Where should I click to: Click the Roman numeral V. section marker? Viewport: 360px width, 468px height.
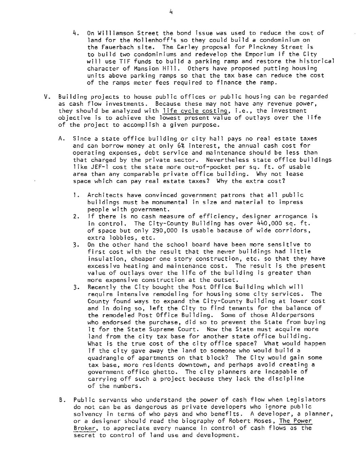48,97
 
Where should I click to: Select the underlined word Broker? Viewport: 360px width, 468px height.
82,428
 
